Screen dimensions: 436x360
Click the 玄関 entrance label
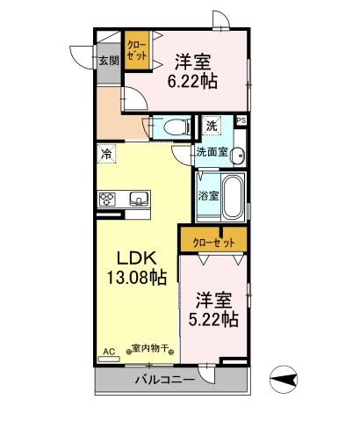click(x=108, y=61)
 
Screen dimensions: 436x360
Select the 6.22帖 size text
click(x=196, y=80)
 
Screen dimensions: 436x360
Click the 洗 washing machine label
click(x=212, y=126)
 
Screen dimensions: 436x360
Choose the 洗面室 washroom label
click(x=212, y=151)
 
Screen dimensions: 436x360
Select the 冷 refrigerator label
click(x=106, y=156)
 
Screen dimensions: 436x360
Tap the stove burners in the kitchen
click(x=108, y=197)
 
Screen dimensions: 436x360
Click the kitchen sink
click(x=138, y=197)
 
